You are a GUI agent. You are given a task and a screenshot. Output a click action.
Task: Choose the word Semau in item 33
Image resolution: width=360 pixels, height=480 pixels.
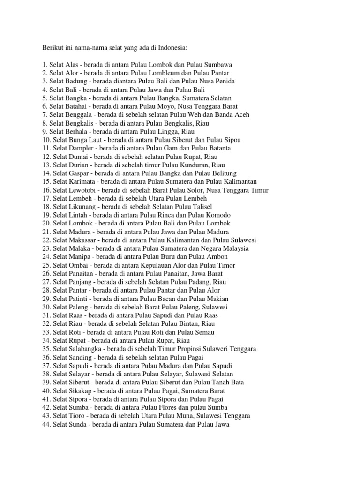pyautogui.click(x=203, y=332)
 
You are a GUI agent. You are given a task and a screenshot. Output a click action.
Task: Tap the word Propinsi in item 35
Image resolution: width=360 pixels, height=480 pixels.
pyautogui.click(x=184, y=349)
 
